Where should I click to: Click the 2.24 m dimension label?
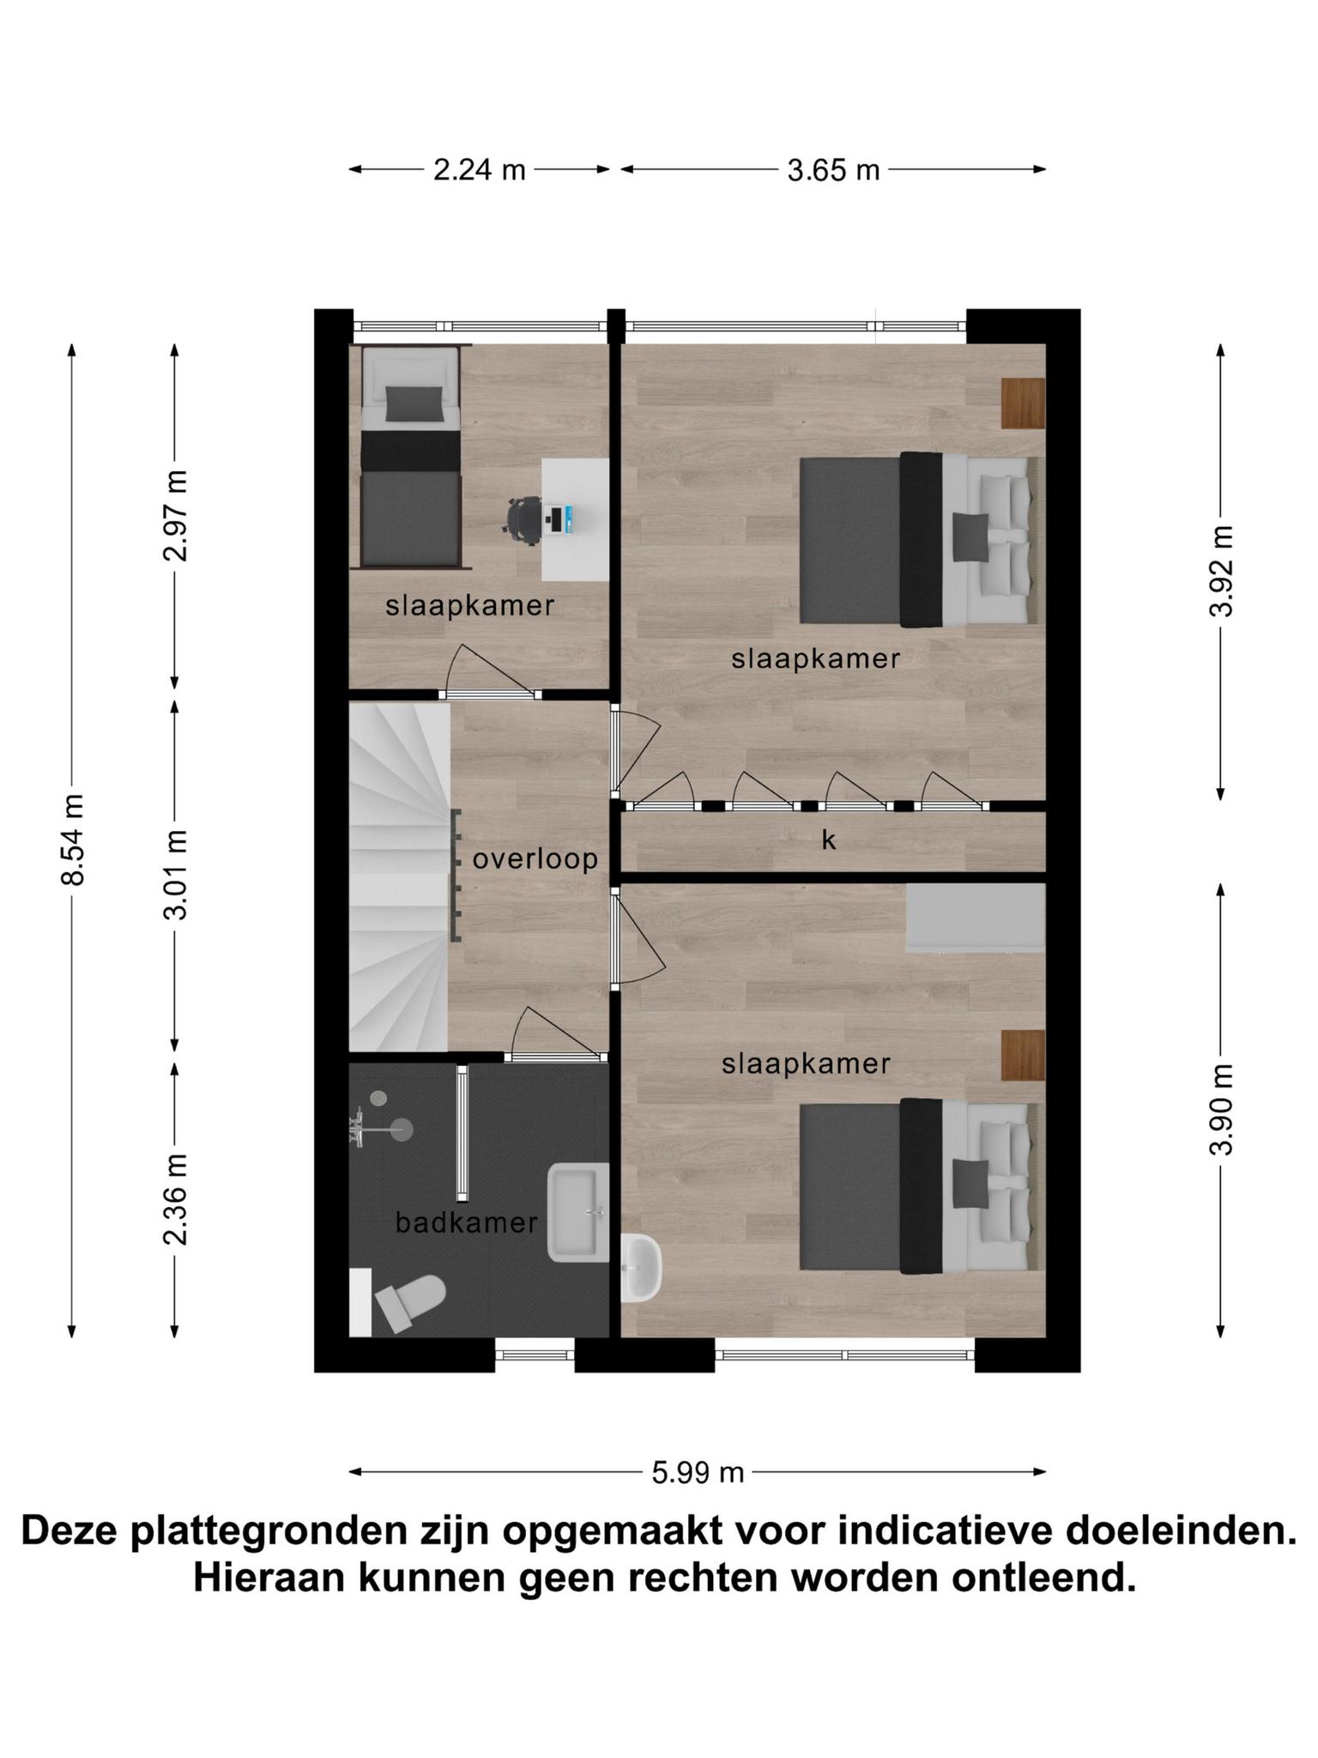coord(479,170)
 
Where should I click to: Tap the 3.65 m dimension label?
coord(833,170)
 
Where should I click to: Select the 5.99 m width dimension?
coord(697,1472)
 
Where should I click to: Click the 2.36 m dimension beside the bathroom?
coord(175,1199)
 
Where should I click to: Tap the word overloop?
coord(535,858)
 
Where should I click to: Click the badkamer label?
coord(467,1222)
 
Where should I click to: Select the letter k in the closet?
coord(828,840)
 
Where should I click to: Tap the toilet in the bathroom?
coord(410,1301)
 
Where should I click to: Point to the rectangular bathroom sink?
coord(578,1212)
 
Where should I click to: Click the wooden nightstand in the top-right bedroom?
coord(1023,403)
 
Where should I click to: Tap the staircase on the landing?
coord(399,876)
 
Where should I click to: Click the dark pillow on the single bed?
coord(414,403)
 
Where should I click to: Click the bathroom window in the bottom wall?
coord(535,1355)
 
